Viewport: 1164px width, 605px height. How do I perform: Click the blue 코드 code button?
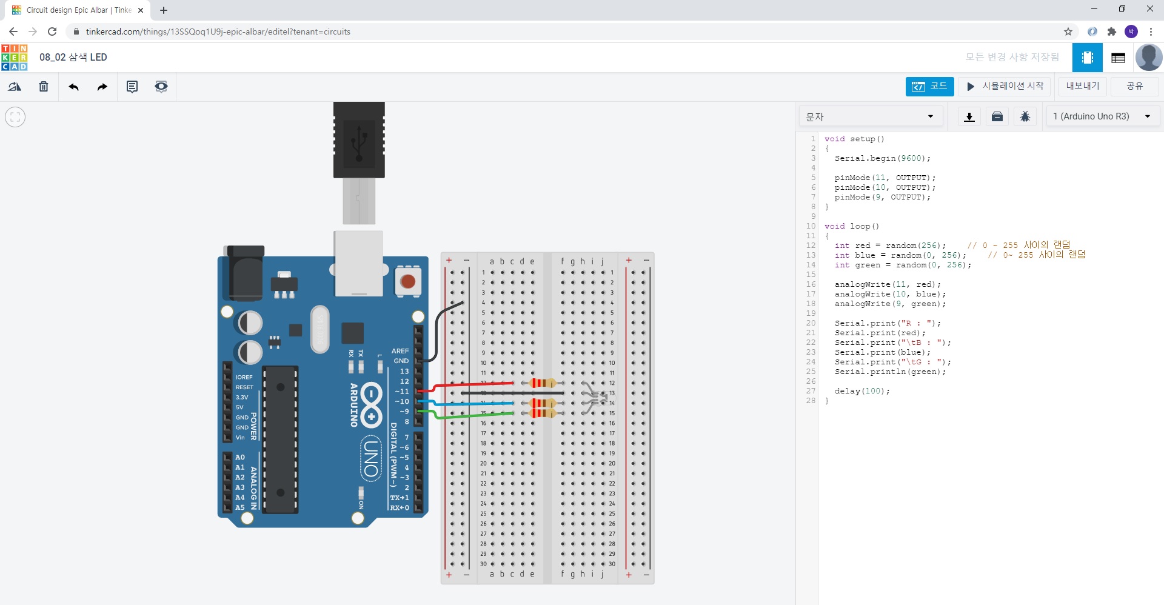coord(929,87)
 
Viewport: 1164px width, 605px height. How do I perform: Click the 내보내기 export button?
coord(1082,86)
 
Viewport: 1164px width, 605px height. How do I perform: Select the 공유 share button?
coord(1134,86)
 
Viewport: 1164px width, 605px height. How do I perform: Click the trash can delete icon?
coord(44,87)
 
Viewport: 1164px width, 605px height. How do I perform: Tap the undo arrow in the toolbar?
coord(73,87)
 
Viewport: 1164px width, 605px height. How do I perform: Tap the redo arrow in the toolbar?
coord(102,87)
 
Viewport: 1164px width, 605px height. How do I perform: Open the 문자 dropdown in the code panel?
coord(870,116)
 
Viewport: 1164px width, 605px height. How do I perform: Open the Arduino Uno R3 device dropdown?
coord(1102,116)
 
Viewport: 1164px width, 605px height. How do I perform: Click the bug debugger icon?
coord(1025,116)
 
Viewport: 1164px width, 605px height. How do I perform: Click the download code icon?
coord(969,116)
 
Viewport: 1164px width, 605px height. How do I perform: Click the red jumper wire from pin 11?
coord(473,384)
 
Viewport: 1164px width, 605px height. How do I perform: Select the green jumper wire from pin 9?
coord(473,415)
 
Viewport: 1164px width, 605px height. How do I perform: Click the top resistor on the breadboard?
coord(542,383)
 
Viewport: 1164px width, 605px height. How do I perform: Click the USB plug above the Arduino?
coord(359,140)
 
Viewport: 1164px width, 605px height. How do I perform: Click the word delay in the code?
coord(847,391)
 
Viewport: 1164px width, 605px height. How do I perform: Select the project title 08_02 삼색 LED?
coord(73,57)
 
